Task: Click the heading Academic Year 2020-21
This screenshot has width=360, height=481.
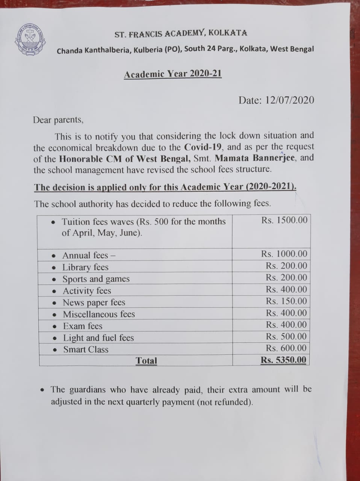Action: pos(173,74)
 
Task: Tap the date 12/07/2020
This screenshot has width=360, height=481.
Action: pos(289,100)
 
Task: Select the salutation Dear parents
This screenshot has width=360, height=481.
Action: pos(58,120)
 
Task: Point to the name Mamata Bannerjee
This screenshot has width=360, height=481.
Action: pos(256,158)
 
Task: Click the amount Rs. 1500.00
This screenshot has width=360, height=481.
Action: pos(284,220)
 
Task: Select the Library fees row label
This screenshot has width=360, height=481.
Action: pos(85,267)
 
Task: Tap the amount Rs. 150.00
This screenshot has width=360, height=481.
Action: pos(286,301)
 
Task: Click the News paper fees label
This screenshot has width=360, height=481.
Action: pos(94,303)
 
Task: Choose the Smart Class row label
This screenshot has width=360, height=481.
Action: pos(86,349)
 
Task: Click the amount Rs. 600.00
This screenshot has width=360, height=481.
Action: pos(286,348)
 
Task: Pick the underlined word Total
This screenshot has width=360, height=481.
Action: pos(146,361)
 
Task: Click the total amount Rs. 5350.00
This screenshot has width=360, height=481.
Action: pos(284,360)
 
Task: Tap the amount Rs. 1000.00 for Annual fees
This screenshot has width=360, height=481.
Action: pos(284,254)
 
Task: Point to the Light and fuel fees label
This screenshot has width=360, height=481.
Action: pos(98,338)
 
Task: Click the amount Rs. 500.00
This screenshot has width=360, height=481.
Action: pos(286,336)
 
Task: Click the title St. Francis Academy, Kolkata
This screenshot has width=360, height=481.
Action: pos(181,34)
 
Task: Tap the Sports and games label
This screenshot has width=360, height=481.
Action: pos(96,279)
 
